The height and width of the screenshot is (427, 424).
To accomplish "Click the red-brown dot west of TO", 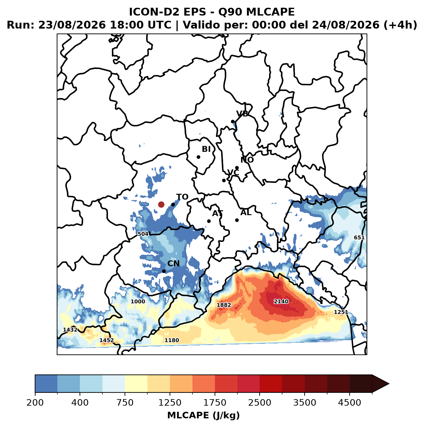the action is click(x=161, y=204).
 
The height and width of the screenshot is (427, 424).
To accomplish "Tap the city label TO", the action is click(x=182, y=197).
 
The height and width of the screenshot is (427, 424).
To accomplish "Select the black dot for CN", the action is click(x=164, y=271).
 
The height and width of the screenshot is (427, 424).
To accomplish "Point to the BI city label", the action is click(x=206, y=149).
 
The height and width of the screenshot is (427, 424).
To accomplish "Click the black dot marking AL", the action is click(x=237, y=220).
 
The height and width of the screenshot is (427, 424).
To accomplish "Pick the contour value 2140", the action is click(x=281, y=302).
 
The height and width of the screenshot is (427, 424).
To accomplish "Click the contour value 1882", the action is click(x=224, y=305).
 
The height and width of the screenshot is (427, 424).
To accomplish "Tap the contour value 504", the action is click(x=143, y=234).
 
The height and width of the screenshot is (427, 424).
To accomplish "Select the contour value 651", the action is click(x=359, y=238).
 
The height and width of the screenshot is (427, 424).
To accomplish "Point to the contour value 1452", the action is click(x=107, y=340).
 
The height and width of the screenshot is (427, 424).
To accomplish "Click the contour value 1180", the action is click(x=172, y=340).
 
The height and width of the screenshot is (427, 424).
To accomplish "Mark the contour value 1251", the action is click(x=341, y=312).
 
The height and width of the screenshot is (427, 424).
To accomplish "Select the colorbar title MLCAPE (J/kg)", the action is click(x=204, y=415).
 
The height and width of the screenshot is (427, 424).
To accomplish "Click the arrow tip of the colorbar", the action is click(x=389, y=384).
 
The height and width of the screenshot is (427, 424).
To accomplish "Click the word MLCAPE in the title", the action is click(x=270, y=12).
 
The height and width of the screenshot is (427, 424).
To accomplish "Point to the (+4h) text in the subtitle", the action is click(x=400, y=25).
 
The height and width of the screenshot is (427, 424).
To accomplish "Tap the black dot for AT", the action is click(x=209, y=221).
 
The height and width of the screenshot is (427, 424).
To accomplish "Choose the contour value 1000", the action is click(x=138, y=302).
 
